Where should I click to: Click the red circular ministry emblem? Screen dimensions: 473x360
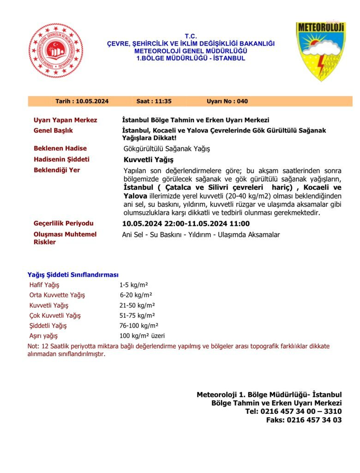point(56,50)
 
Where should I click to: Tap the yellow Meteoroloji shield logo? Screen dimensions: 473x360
point(320,51)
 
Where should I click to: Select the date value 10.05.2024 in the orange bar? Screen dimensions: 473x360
point(92,101)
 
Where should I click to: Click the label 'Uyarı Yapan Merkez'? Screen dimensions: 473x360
point(65,120)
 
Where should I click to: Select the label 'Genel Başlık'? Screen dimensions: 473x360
point(53,131)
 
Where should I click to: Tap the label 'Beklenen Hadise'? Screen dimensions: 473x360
point(60,148)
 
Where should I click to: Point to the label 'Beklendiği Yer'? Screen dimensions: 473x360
point(57,170)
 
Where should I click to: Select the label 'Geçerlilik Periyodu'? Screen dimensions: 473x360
point(63,224)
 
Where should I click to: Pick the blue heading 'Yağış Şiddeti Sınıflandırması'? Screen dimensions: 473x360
point(73,274)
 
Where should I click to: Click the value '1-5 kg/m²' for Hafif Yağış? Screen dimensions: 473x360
point(133,285)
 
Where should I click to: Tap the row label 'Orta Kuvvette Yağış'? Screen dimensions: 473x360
point(57,295)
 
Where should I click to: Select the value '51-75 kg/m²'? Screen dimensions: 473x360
point(137,315)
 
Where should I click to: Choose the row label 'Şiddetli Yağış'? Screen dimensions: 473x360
point(48,326)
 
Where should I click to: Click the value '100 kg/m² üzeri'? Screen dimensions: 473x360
point(142,336)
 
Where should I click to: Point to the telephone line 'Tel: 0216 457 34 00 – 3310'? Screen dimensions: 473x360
point(294,411)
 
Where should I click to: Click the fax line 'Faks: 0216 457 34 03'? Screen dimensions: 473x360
point(304,420)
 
